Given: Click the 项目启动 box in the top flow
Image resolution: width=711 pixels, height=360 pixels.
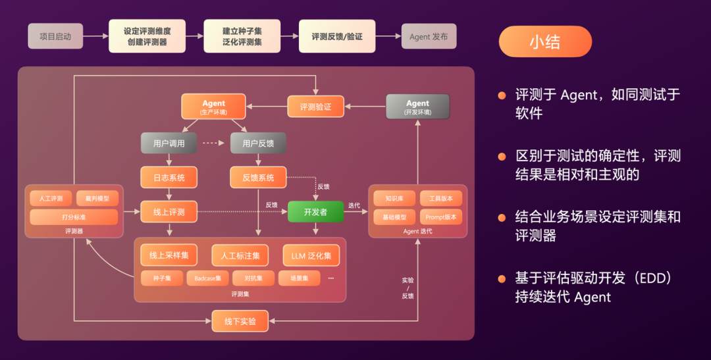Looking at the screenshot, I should [x=55, y=36].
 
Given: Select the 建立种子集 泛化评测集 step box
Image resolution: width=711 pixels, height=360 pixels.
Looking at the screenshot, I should [x=242, y=36].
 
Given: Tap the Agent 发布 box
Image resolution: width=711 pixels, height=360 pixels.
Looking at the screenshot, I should [x=429, y=36].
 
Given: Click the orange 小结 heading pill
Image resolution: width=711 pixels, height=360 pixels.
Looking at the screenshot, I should [x=544, y=42].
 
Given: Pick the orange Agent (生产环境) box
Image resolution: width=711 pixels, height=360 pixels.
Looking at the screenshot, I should [x=213, y=107].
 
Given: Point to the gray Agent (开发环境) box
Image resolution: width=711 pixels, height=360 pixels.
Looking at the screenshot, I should [x=417, y=107].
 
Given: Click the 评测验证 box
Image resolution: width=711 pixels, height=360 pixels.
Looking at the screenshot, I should [x=315, y=107].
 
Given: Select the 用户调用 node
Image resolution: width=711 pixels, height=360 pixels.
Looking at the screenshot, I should [x=169, y=143].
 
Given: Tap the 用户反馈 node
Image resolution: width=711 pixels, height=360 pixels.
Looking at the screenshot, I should [x=258, y=143].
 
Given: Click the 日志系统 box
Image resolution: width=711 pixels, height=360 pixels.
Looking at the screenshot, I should [x=169, y=177].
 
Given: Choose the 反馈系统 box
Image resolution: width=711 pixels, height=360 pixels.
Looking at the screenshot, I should [x=258, y=177].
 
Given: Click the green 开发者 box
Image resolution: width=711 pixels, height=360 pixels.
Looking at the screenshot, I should [x=315, y=212].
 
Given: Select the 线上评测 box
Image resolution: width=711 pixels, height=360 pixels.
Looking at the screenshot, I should [x=169, y=212].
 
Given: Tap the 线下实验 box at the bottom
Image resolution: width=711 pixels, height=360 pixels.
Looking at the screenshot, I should [x=240, y=321].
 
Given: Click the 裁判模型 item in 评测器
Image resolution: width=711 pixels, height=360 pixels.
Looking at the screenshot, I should [x=97, y=198].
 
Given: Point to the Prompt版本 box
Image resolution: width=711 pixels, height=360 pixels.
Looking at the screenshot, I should [x=440, y=217].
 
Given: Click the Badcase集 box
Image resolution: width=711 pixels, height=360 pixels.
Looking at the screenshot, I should [x=207, y=278].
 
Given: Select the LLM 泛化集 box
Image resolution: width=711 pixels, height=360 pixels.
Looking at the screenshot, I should [x=311, y=255].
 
